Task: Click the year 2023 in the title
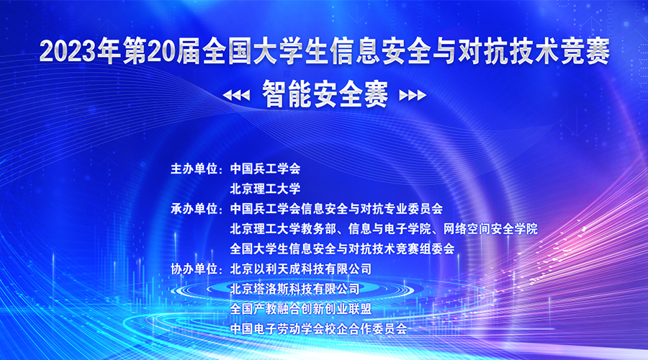(x=65, y=52)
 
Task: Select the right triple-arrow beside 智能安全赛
(x=412, y=94)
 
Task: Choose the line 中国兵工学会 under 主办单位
(x=264, y=168)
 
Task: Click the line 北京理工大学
(x=264, y=189)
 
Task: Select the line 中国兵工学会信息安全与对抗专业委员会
(x=336, y=209)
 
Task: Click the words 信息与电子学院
(x=386, y=229)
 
